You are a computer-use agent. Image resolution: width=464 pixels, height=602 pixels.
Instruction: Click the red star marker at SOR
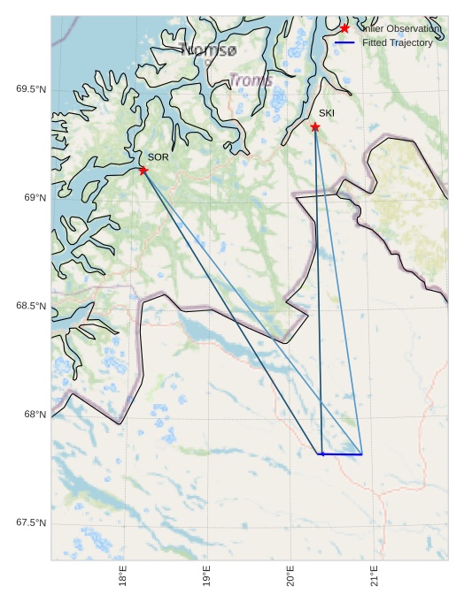click(x=143, y=170)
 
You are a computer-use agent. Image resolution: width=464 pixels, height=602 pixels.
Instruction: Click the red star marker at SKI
click(x=315, y=126)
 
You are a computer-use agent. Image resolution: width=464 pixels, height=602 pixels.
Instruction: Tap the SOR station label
click(x=158, y=156)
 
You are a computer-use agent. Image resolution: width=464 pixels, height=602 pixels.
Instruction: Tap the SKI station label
click(x=327, y=113)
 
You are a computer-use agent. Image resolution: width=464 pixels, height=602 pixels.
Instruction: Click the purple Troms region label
click(x=251, y=80)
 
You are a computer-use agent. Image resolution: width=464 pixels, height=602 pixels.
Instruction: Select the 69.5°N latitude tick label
click(x=31, y=89)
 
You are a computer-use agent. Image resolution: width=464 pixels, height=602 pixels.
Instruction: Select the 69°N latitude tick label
click(x=35, y=198)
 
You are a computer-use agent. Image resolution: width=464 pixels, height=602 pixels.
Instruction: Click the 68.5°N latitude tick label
click(x=31, y=307)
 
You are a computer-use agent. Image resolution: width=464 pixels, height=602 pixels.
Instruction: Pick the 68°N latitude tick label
click(x=35, y=415)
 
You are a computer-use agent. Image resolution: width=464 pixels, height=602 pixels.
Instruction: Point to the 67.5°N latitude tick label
click(x=31, y=523)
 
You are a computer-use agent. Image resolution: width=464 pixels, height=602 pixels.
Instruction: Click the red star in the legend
click(x=344, y=28)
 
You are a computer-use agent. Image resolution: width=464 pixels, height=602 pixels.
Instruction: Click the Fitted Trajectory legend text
click(x=398, y=42)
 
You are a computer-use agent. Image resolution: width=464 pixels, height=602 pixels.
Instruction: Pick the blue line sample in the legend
click(x=344, y=42)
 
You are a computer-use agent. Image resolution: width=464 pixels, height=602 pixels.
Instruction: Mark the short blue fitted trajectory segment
click(x=340, y=454)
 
